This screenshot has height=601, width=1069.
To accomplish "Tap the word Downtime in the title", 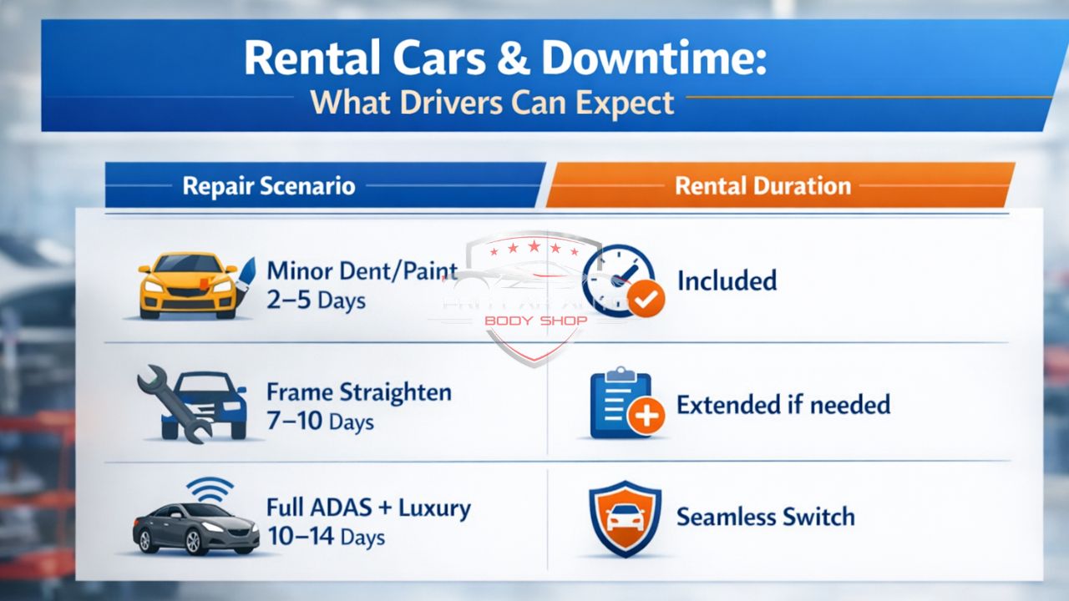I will (653, 58).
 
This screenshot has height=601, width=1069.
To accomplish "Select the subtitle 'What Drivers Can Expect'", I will (492, 102).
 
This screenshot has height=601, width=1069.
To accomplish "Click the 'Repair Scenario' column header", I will (268, 185).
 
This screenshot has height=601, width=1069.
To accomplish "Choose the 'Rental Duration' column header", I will (762, 185).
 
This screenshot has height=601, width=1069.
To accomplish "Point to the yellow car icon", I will (188, 285).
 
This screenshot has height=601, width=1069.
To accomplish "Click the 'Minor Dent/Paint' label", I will (362, 270).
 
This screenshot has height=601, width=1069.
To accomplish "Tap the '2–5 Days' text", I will (317, 300).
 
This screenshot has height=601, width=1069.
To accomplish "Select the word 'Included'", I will (727, 280).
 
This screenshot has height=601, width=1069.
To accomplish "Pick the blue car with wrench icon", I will (192, 402).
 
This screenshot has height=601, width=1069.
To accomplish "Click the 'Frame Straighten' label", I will (359, 391).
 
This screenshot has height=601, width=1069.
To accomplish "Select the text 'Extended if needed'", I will (783, 406).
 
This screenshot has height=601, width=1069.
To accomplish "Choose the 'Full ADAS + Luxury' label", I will (368, 507).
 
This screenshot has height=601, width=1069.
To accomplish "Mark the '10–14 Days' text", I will (327, 536).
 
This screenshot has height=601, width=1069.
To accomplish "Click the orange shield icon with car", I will (624, 518).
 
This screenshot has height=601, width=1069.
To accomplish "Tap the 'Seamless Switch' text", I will (765, 517).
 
